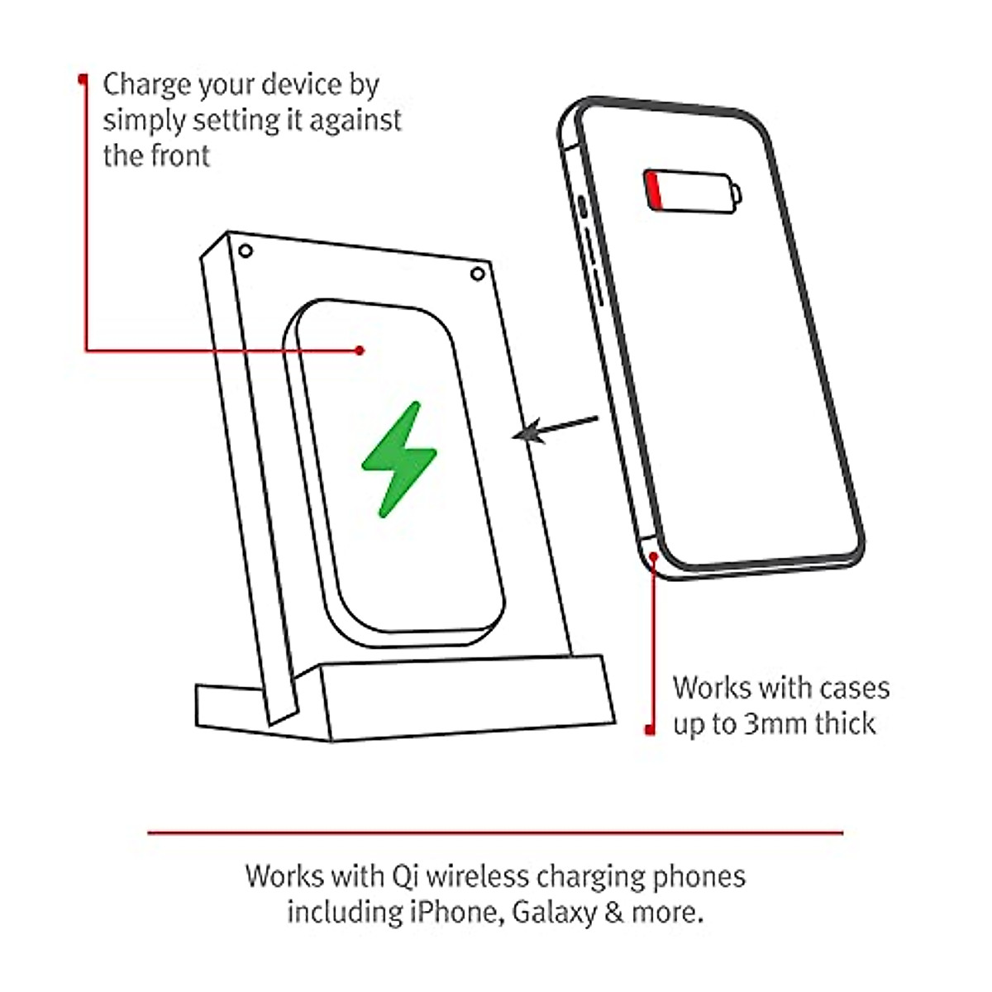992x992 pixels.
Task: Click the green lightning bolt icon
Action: [398, 460]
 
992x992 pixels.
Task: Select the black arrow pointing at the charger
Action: [554, 428]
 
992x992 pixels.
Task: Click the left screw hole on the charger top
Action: [244, 250]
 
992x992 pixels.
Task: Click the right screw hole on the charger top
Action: [477, 274]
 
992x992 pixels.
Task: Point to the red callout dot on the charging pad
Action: [360, 351]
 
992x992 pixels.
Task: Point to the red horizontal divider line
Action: [496, 832]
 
